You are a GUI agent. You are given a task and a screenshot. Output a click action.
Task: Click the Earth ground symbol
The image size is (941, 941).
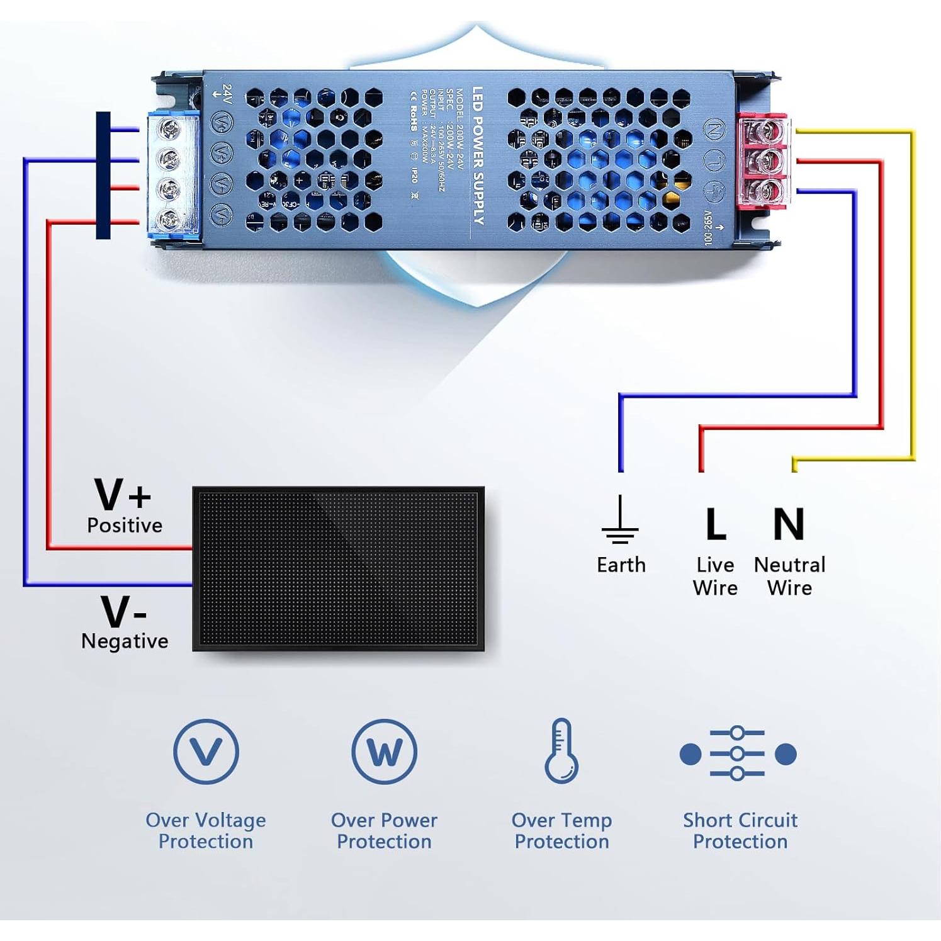(x=620, y=521)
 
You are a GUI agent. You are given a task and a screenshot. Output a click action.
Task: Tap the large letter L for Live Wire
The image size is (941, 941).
(x=715, y=524)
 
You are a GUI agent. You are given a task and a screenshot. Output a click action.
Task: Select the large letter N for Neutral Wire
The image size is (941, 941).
(x=789, y=524)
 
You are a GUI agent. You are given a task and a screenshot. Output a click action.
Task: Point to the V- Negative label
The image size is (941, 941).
(x=124, y=623)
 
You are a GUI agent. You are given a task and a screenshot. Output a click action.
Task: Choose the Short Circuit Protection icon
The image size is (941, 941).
(x=738, y=753)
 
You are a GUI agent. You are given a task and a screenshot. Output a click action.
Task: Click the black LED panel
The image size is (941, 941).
(x=339, y=568)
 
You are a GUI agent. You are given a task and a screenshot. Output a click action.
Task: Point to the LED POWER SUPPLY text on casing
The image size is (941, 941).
(x=478, y=155)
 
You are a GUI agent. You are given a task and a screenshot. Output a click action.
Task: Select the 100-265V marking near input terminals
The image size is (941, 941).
(x=707, y=228)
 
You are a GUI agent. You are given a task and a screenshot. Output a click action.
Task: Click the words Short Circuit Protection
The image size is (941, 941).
(x=740, y=830)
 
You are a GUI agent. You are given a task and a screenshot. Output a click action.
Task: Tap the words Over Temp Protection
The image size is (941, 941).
(x=561, y=830)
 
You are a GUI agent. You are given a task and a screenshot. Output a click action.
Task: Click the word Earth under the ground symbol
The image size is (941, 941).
(x=621, y=565)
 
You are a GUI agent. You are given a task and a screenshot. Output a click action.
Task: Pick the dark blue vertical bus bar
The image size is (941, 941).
(x=103, y=176)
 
